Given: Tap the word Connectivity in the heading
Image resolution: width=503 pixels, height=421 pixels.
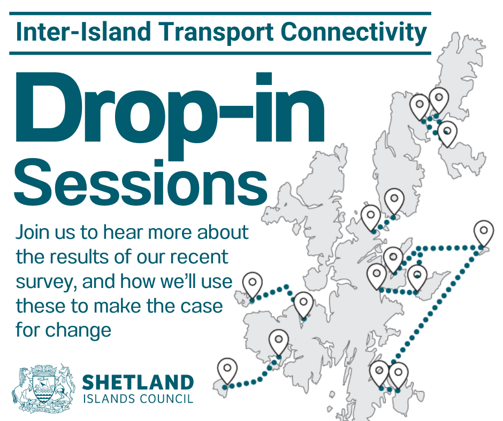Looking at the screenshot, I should click(354, 33).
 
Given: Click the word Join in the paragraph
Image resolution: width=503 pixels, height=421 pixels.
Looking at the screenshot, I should click(33, 233).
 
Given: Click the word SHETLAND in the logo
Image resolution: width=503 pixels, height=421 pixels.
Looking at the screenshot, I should click(138, 383).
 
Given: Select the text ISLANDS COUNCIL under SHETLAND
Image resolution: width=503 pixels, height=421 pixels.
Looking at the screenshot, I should click(138, 399).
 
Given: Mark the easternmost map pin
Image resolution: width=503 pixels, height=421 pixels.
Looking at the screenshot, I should click(484, 233).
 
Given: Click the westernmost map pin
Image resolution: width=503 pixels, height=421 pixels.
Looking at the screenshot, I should click(227, 371).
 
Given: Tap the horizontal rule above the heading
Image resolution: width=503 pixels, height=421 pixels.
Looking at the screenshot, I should click(219, 13).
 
